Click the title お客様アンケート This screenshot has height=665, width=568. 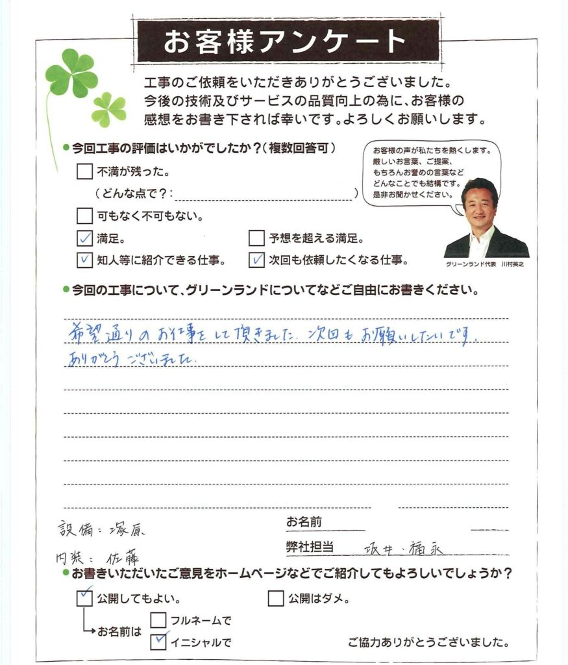(x=284, y=42)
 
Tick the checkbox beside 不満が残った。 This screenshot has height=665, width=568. (x=84, y=172)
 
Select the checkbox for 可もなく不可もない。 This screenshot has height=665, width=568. (x=84, y=215)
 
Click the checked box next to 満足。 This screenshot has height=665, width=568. (x=84, y=239)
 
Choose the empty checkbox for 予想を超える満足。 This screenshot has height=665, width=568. (x=256, y=239)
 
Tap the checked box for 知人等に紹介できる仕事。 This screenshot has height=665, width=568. (x=84, y=261)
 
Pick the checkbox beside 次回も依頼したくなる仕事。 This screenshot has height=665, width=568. (x=256, y=261)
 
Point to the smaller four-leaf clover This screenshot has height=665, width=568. (x=108, y=108)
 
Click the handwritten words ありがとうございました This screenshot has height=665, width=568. (x=133, y=358)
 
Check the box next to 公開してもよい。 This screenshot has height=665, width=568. (x=84, y=598)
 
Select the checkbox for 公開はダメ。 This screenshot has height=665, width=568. (x=275, y=598)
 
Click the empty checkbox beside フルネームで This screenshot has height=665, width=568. (x=158, y=621)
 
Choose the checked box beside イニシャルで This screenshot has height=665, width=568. (x=158, y=642)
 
